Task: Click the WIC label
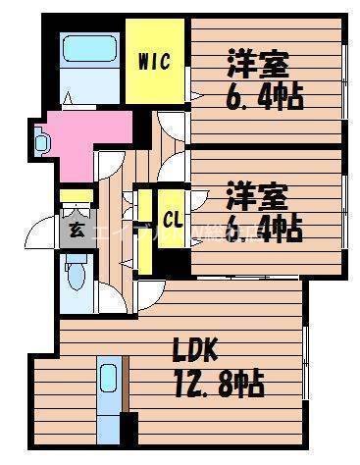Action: [x=155, y=62]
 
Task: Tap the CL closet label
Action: [x=173, y=219]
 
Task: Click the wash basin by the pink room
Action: [x=40, y=141]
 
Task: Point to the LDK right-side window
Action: [x=305, y=359]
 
